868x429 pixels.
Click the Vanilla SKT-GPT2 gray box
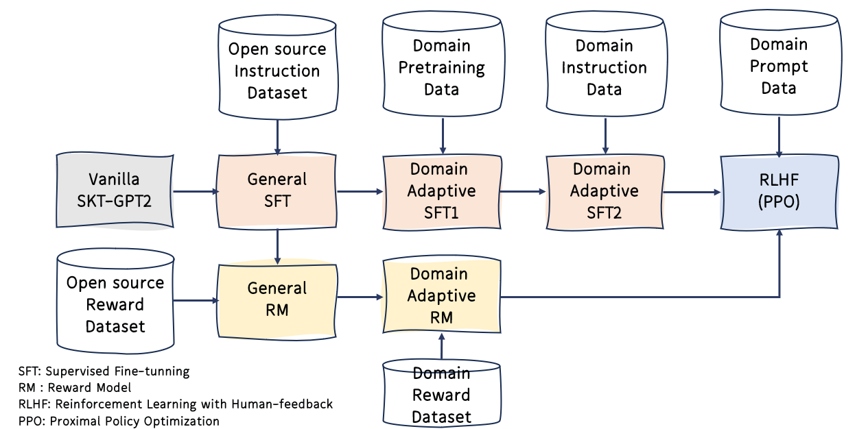(114, 191)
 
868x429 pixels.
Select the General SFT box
(277, 191)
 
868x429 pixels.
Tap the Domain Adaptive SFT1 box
(441, 191)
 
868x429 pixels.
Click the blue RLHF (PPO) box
(779, 191)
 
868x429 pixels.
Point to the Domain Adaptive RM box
(441, 295)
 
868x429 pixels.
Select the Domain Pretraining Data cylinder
(441, 67)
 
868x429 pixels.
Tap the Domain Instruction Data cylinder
(604, 67)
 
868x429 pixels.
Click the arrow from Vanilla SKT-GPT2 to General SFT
(195, 192)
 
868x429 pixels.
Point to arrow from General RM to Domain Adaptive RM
(359, 297)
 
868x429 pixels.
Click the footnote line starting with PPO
(119, 421)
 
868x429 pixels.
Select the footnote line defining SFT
(104, 371)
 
